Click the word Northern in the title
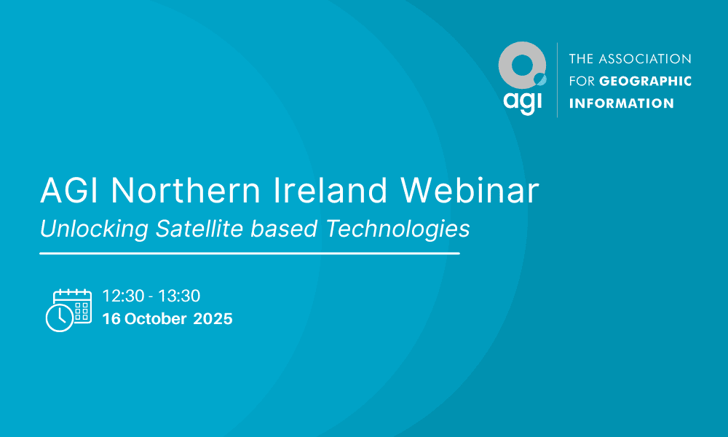(x=186, y=190)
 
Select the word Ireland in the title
(x=330, y=190)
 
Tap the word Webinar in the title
(x=470, y=190)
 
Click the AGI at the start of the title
(x=69, y=190)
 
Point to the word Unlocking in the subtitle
(x=94, y=229)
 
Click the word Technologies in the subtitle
(x=398, y=229)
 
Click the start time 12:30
(x=123, y=296)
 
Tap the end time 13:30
(x=179, y=296)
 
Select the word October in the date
(x=156, y=318)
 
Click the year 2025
(x=213, y=318)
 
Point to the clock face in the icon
(x=60, y=318)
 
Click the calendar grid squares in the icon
(x=82, y=311)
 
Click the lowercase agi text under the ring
(x=522, y=101)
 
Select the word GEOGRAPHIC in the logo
(x=645, y=82)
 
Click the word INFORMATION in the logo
(x=621, y=103)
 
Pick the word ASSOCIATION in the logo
(x=645, y=59)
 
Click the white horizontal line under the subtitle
(x=250, y=253)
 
